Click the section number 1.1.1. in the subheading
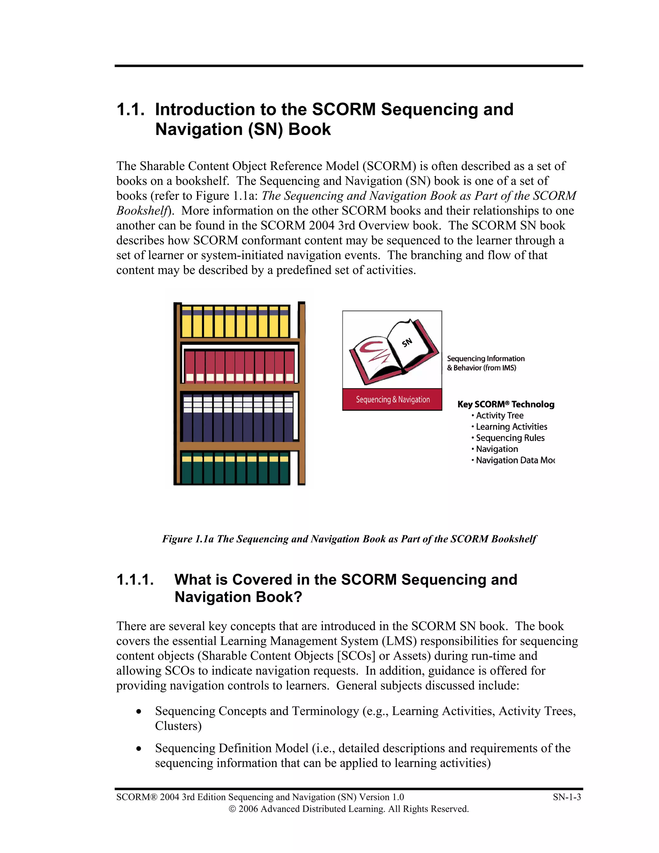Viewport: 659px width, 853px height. [135, 580]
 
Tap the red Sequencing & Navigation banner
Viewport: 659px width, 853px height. [392, 399]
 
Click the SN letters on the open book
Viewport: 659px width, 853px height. [407, 342]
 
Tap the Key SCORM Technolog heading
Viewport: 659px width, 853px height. [506, 404]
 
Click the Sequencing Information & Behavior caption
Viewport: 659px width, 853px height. [485, 363]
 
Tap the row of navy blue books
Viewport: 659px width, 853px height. [238, 418]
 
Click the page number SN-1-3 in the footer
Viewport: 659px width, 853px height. [566, 797]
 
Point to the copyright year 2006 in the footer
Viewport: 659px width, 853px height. [247, 809]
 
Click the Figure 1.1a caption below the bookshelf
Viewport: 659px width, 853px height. [349, 539]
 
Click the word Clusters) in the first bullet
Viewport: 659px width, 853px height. [178, 726]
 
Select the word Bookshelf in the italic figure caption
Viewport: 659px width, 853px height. [514, 539]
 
